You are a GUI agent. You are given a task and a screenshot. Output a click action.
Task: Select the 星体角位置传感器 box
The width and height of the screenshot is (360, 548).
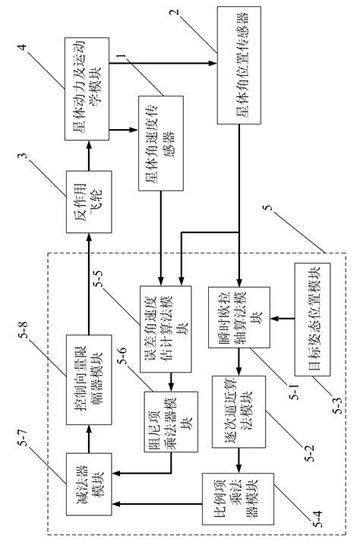pos(238,66)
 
